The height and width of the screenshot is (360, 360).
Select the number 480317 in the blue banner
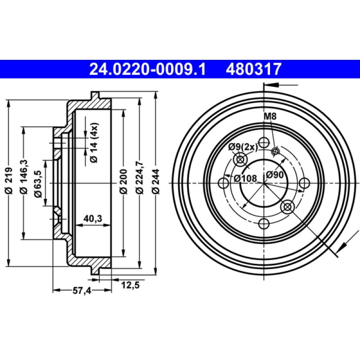[255, 69]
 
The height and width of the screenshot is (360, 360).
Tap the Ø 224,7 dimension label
[139, 180]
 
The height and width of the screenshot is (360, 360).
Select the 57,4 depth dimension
[81, 291]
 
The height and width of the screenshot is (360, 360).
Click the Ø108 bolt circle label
[245, 178]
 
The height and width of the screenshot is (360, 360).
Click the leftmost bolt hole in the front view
[223, 183]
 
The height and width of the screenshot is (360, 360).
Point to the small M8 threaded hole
[275, 151]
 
